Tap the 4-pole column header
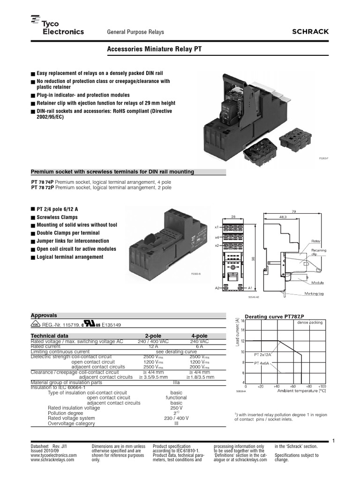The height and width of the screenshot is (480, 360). [x=199, y=336]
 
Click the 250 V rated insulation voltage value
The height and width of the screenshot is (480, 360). [x=176, y=408]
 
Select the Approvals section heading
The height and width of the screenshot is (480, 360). [x=44, y=315]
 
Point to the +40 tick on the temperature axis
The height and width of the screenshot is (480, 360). [x=277, y=387]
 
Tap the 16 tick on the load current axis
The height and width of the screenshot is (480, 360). [x=242, y=321]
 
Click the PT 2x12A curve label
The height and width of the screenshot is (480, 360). [x=263, y=355]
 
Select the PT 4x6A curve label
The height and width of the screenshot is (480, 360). [x=262, y=363]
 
